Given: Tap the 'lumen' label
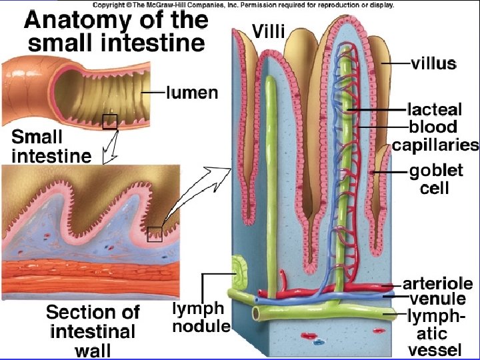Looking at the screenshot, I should click(x=191, y=93).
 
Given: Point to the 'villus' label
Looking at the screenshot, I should click(x=433, y=64).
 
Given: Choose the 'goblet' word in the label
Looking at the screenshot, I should click(x=435, y=171).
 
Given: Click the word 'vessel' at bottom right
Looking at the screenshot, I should click(x=435, y=349).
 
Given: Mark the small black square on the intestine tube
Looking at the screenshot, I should click(x=109, y=121).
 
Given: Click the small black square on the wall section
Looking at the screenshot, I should click(x=155, y=234).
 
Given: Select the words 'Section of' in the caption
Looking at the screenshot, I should click(x=93, y=312).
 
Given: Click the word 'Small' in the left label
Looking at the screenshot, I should click(x=38, y=138).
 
